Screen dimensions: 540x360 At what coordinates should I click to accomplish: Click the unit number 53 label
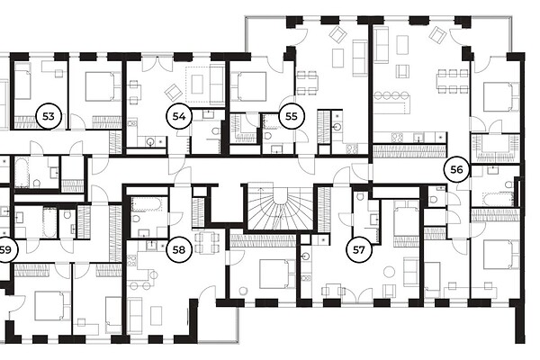(x=49, y=116)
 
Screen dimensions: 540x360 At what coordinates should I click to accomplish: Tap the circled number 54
(x=179, y=116)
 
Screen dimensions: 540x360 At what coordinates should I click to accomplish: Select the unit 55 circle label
(x=292, y=116)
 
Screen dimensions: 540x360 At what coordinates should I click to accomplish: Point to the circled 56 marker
(x=456, y=169)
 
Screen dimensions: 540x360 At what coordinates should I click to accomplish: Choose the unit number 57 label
(x=359, y=249)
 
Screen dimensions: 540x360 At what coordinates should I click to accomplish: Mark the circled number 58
(x=179, y=249)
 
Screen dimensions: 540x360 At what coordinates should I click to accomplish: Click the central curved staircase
(x=280, y=209)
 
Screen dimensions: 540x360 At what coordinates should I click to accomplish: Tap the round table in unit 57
(x=389, y=272)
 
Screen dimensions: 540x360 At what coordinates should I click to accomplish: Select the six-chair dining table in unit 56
(x=453, y=81)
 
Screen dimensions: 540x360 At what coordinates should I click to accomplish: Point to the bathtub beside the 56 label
(x=499, y=199)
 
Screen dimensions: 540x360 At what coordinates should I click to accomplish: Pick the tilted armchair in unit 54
(x=173, y=91)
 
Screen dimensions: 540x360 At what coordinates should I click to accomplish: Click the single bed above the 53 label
(x=22, y=82)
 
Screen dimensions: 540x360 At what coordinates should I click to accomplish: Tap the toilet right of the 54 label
(x=216, y=132)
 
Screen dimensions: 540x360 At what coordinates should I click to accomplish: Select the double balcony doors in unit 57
(x=358, y=294)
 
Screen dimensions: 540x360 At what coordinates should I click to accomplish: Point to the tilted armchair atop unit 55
(x=337, y=34)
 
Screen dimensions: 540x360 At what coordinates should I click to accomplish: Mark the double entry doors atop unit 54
(x=157, y=64)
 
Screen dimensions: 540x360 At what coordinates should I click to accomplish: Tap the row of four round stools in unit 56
(x=391, y=95)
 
